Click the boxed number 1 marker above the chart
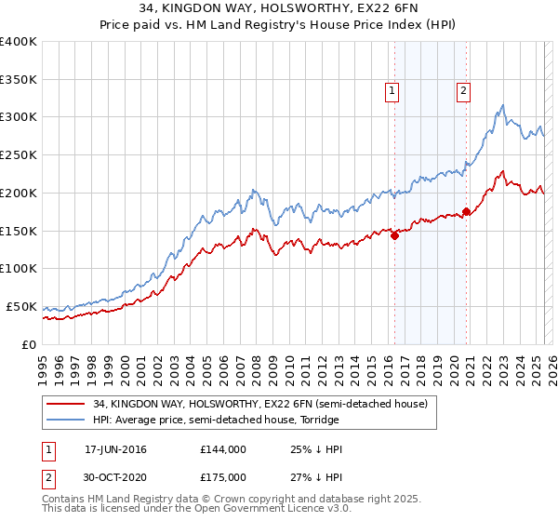392,91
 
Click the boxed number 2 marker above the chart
463,91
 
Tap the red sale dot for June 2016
394,235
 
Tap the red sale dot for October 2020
466,211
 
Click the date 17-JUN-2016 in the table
115,449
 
